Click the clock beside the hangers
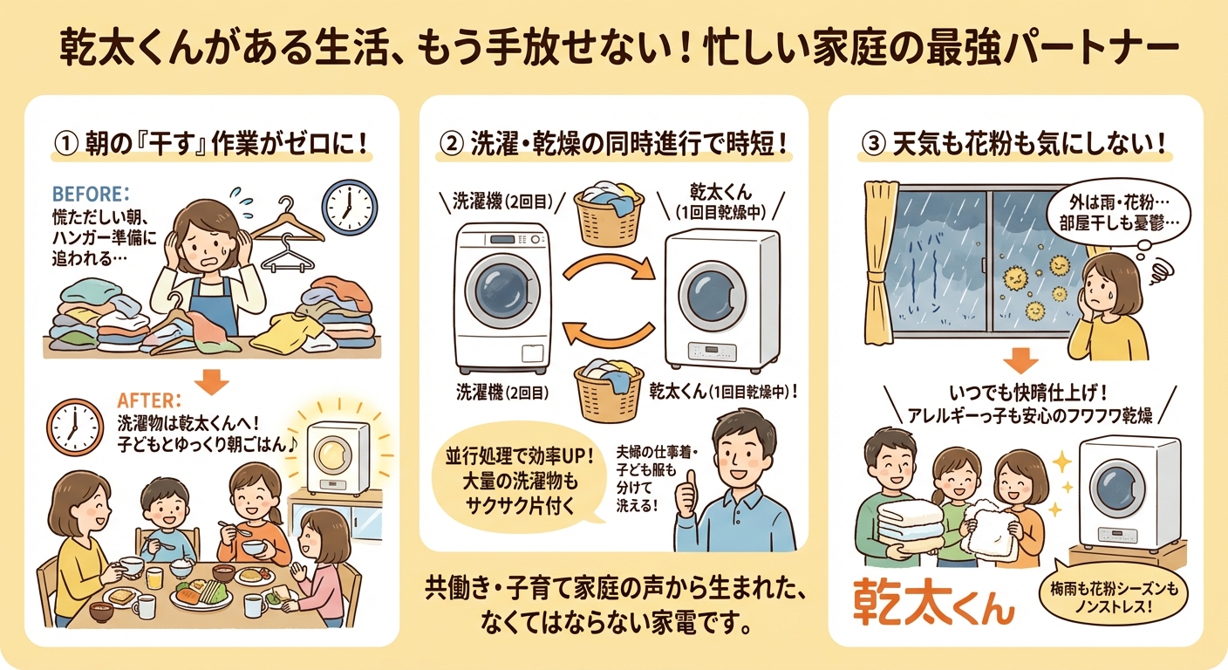pyautogui.click(x=349, y=206)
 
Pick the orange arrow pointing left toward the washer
pyautogui.click(x=607, y=338)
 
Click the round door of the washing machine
pyautogui.click(x=495, y=291)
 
